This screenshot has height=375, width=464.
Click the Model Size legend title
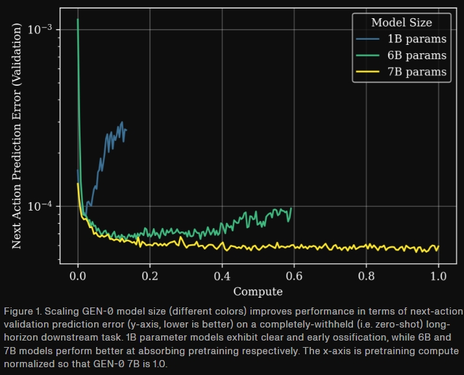[401, 23]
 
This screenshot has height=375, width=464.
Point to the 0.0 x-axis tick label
[78, 275]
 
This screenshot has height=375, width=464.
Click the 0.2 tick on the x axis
[150, 275]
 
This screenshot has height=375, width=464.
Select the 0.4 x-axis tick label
[222, 275]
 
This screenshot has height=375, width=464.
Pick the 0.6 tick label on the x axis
[294, 275]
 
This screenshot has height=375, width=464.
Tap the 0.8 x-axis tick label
[367, 275]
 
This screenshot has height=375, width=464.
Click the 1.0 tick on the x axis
[439, 275]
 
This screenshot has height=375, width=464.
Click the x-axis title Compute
[258, 291]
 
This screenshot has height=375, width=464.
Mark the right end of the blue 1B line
[126, 130]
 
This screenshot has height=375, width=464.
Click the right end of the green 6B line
[291, 208]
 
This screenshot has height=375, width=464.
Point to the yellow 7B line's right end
[439, 248]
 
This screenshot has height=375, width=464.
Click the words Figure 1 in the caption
[21, 309]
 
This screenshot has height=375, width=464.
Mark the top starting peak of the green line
[78, 19]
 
